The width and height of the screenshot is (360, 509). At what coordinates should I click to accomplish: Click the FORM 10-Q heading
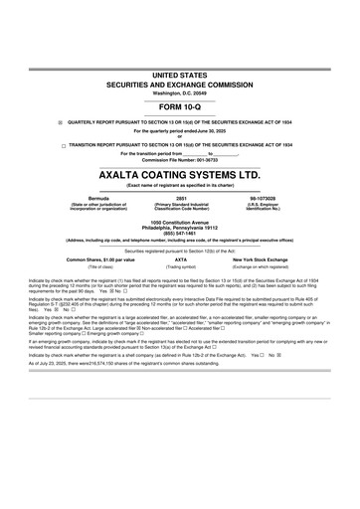click(x=179, y=106)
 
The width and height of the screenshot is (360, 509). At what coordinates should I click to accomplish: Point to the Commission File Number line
click(x=180, y=159)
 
